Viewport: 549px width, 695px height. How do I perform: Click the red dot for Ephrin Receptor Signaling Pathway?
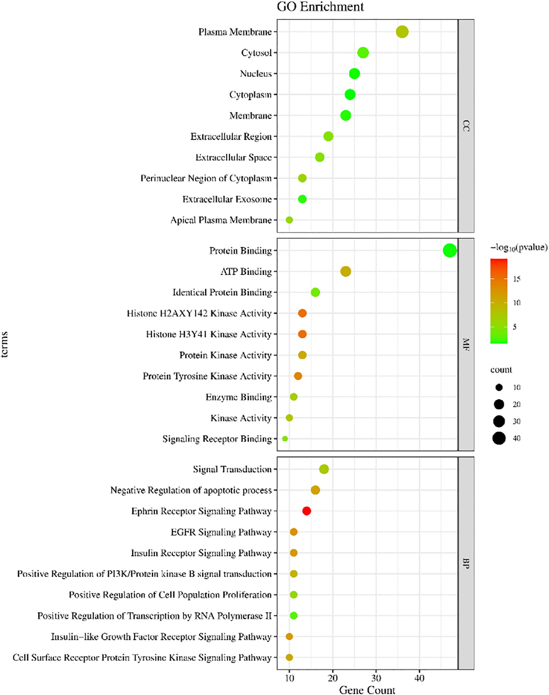click(x=307, y=511)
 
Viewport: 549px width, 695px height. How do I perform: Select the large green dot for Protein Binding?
click(x=450, y=250)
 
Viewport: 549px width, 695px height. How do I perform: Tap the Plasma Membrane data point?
click(x=402, y=32)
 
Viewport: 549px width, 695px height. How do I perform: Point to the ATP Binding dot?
click(x=346, y=271)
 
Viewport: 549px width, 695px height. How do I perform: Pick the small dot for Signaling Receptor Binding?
click(x=285, y=439)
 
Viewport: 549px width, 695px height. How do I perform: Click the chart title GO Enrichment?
click(x=320, y=7)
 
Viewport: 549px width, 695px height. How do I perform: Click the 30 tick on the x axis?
click(x=376, y=678)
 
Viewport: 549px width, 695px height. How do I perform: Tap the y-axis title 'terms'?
click(x=4, y=344)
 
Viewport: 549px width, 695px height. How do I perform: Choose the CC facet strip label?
click(x=466, y=126)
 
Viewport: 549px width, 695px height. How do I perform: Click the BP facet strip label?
click(x=466, y=563)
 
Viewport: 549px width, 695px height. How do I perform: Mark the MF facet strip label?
click(x=466, y=344)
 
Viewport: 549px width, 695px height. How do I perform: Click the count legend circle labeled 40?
click(x=499, y=438)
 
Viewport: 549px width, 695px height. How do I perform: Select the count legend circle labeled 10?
click(x=499, y=387)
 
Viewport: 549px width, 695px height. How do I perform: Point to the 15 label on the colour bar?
click(x=517, y=279)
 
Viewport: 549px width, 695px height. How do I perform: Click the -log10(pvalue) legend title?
click(x=519, y=247)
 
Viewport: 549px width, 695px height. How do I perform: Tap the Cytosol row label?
click(x=256, y=53)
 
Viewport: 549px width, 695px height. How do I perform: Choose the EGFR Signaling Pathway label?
click(x=221, y=532)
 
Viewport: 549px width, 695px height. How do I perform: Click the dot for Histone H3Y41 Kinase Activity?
click(x=302, y=334)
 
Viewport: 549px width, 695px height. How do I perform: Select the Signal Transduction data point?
click(x=324, y=469)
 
